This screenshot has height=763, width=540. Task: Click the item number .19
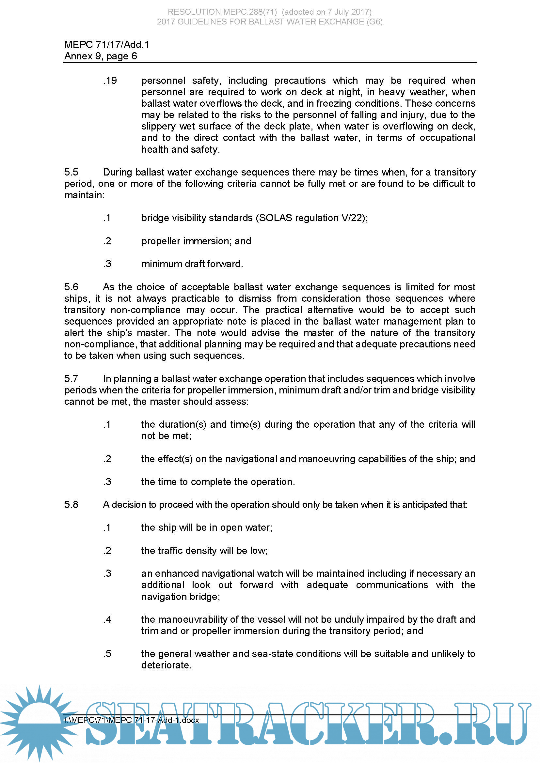pos(110,81)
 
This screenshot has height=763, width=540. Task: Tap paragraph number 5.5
pos(71,172)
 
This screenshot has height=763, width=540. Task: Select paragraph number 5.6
pos(71,287)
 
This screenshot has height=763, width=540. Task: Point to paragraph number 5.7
pos(71,378)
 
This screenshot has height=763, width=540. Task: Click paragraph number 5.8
pos(71,504)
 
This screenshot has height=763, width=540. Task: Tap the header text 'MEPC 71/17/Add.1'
pos(107,45)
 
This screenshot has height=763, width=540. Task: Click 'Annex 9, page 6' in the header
pos(101,56)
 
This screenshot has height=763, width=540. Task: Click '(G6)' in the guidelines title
pos(375,22)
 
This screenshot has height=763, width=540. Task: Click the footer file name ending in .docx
pos(132,720)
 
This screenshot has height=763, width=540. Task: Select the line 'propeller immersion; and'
pos(196,241)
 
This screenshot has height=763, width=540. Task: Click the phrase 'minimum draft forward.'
pos(192,264)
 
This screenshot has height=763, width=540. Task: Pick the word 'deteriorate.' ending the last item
pos(166,665)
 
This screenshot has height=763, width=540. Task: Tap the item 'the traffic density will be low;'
pos(204,551)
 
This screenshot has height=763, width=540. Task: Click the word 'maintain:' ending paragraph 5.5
pos(84,195)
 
